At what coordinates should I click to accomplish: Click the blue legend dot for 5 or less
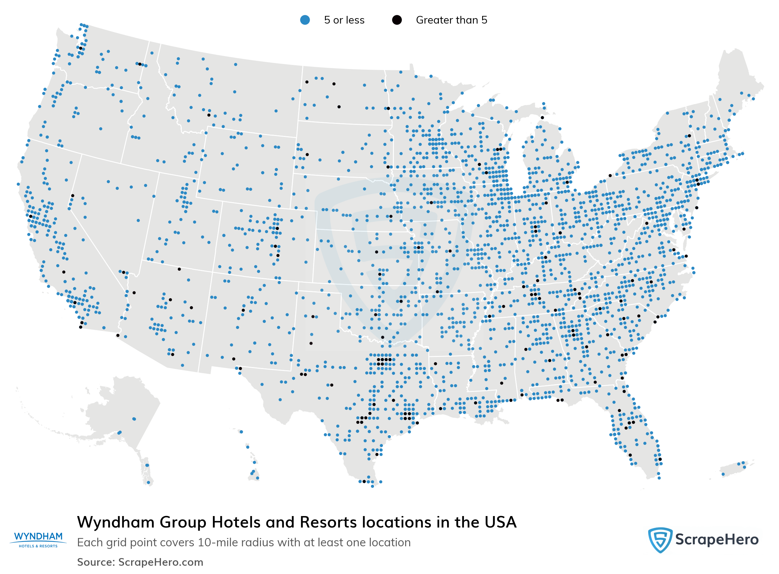click(305, 20)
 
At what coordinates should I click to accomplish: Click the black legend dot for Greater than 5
click(397, 20)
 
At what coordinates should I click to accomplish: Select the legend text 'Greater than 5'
click(451, 20)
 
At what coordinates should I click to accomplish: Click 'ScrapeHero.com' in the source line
click(160, 562)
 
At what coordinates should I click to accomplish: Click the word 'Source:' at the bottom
click(96, 562)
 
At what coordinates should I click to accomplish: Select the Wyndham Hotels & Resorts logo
click(38, 539)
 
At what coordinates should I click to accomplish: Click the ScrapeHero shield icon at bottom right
click(660, 540)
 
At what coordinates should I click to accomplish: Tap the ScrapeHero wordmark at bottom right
click(717, 540)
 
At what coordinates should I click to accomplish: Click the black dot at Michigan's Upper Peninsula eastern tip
click(542, 117)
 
